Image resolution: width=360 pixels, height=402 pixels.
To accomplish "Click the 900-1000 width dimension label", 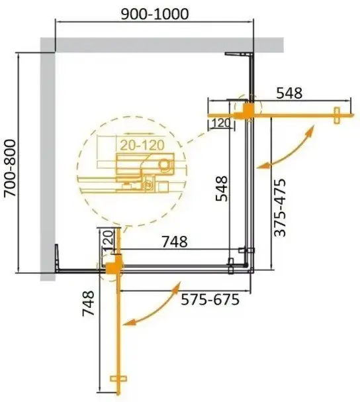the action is click(154, 14).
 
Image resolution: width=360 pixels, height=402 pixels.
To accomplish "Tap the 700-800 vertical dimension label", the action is click(11, 168).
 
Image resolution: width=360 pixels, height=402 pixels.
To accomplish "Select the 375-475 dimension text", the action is click(279, 208).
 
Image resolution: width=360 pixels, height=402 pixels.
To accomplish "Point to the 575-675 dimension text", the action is click(210, 299).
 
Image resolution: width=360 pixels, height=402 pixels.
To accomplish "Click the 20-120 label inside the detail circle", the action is click(142, 145).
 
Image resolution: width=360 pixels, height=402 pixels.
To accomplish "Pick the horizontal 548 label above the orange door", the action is click(289, 93).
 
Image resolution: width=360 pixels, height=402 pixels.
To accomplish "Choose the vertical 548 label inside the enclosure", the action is click(222, 189).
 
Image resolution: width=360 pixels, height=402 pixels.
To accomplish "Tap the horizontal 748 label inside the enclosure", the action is click(175, 242).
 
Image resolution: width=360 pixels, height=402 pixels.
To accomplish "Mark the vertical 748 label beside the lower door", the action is click(88, 303).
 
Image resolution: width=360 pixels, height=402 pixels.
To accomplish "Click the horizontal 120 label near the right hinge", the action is click(220, 123).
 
